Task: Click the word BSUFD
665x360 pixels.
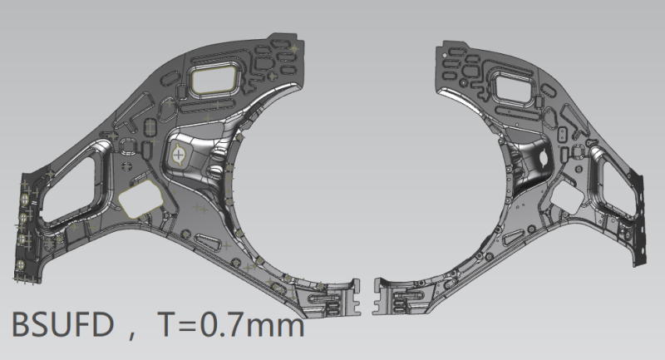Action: tap(62, 324)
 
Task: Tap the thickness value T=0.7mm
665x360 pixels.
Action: tap(231, 324)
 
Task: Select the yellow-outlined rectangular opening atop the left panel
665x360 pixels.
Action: tap(214, 79)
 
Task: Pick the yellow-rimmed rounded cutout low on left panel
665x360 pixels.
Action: tap(140, 199)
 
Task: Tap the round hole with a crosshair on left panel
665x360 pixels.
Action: tap(179, 155)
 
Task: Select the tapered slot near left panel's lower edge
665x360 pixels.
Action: tap(208, 242)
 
